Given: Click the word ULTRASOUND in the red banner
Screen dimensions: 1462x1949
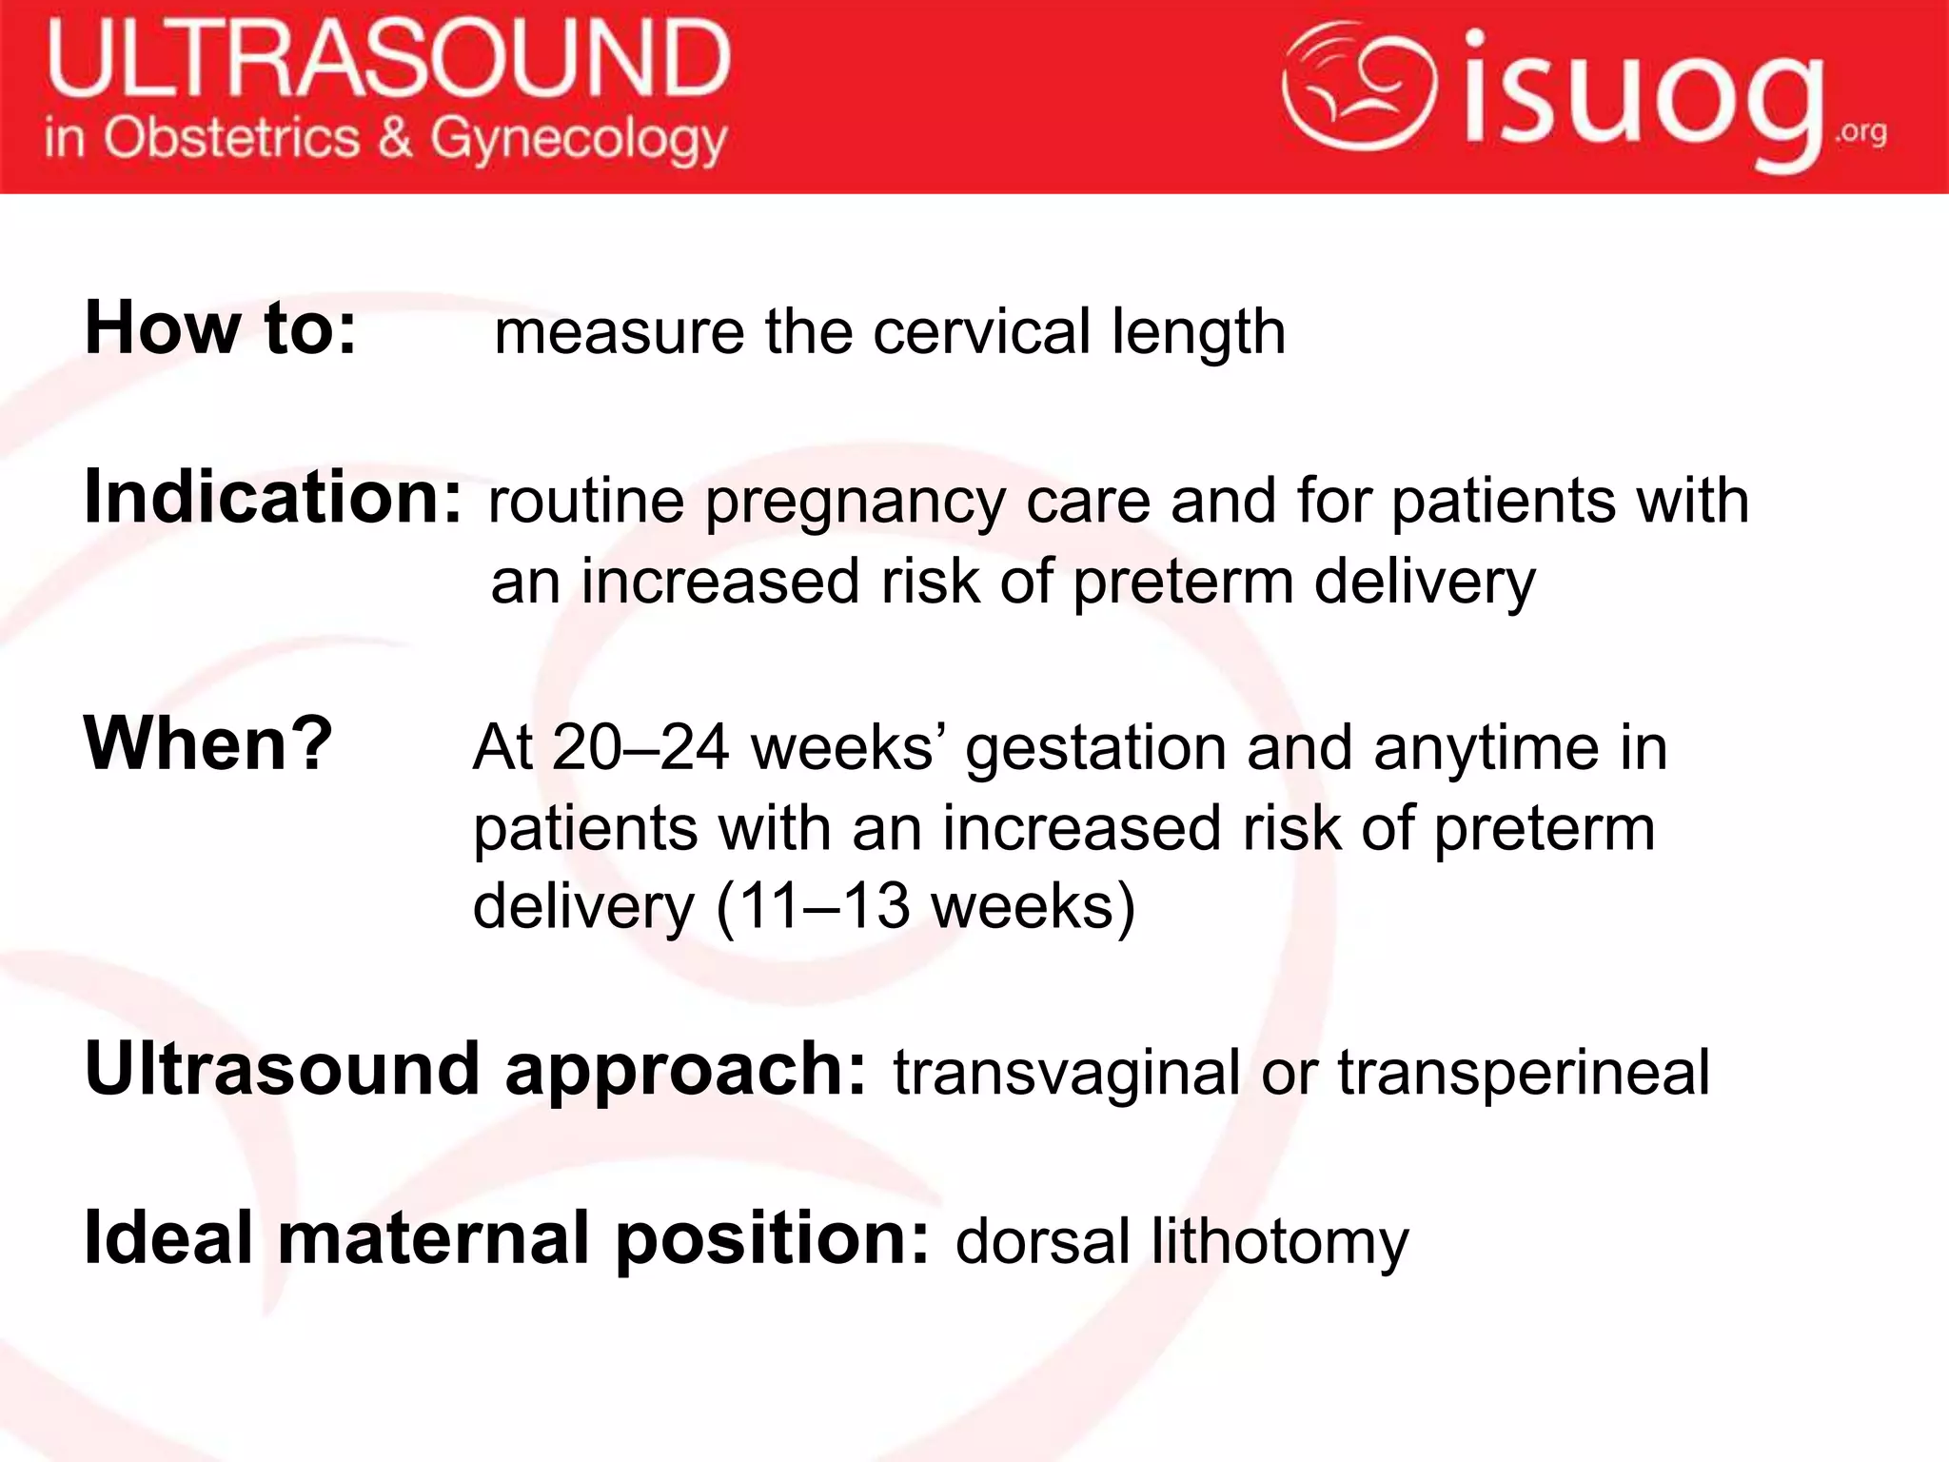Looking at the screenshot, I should click(x=388, y=59).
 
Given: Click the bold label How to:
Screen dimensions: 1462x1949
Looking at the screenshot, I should click(x=221, y=328).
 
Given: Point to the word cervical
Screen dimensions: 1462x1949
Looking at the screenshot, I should click(x=981, y=332).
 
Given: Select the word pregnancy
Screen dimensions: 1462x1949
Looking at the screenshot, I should click(x=855, y=502).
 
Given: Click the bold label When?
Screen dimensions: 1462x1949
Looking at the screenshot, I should click(x=208, y=743).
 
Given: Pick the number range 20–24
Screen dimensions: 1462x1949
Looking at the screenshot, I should click(x=640, y=748).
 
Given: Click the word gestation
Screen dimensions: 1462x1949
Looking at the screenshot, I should click(x=1095, y=750).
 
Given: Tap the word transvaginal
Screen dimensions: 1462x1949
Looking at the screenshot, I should click(x=1066, y=1073).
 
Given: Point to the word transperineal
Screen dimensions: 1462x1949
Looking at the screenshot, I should click(x=1524, y=1073).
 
